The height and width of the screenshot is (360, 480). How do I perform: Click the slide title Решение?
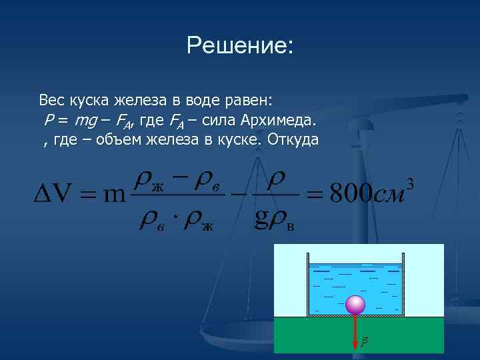coord(240,46)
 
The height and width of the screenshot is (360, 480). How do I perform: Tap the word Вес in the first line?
coord(51,101)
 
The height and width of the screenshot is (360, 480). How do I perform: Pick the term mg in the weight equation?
coord(85,122)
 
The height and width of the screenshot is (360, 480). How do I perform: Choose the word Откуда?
coord(294,140)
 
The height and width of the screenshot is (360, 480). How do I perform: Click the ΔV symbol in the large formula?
coord(53,194)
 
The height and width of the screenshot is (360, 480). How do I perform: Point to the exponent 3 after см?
coord(410,183)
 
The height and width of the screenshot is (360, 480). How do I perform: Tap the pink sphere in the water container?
coord(355,305)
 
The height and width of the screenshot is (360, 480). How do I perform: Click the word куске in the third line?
coord(241,140)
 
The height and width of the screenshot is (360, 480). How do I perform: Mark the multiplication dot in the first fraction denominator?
coord(174,220)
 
